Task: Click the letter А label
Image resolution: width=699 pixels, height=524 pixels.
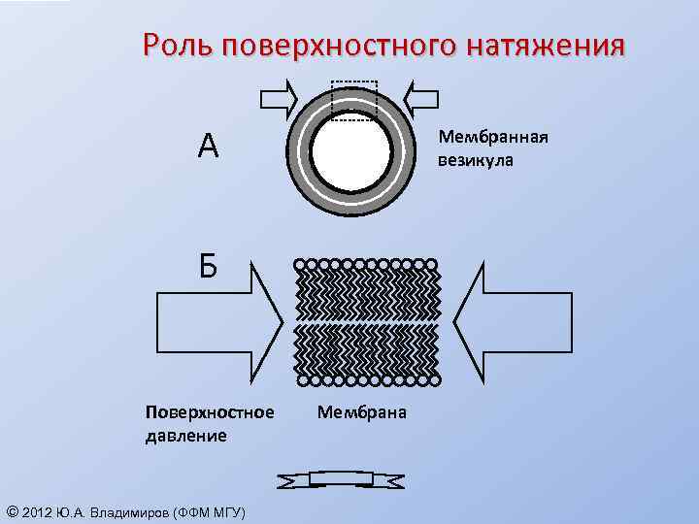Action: pos(207,147)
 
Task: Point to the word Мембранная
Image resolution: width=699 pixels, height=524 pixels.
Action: pos(492,137)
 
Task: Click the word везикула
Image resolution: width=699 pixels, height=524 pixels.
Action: pos(476,159)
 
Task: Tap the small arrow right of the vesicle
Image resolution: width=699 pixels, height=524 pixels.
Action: pos(421,97)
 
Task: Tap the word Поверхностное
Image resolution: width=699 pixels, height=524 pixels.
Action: pos(209,413)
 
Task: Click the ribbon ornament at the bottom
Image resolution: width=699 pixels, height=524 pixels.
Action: pos(340,479)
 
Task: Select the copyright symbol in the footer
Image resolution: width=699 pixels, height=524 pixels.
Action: pos(11,511)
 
